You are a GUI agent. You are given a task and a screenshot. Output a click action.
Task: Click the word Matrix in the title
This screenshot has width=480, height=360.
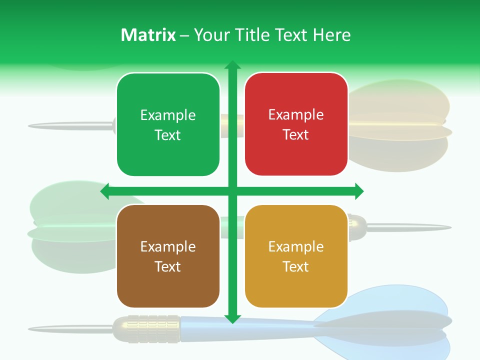point(148,35)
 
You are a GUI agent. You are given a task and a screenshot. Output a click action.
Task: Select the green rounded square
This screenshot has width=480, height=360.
point(168,124)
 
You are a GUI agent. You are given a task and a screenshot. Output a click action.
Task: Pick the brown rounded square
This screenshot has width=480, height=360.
point(168,256)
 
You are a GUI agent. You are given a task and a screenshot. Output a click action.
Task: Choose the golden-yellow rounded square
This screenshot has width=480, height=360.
point(296,256)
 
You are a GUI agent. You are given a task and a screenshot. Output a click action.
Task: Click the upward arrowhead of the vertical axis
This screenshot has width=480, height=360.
point(232,65)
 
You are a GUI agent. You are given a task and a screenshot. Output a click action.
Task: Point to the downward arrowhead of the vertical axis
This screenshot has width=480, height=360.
point(232,319)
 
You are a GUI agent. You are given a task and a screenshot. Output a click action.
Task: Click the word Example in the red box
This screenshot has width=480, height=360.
point(296,114)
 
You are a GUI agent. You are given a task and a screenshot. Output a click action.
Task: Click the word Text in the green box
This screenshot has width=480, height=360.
point(168,135)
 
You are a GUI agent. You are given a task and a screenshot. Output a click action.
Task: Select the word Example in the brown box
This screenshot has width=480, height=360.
point(168,246)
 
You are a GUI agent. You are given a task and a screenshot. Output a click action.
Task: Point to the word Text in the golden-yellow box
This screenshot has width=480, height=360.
point(296,266)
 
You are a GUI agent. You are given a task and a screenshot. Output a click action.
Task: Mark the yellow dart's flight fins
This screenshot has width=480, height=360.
point(400,125)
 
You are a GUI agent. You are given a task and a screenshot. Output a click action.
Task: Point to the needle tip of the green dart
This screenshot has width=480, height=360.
point(447,228)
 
